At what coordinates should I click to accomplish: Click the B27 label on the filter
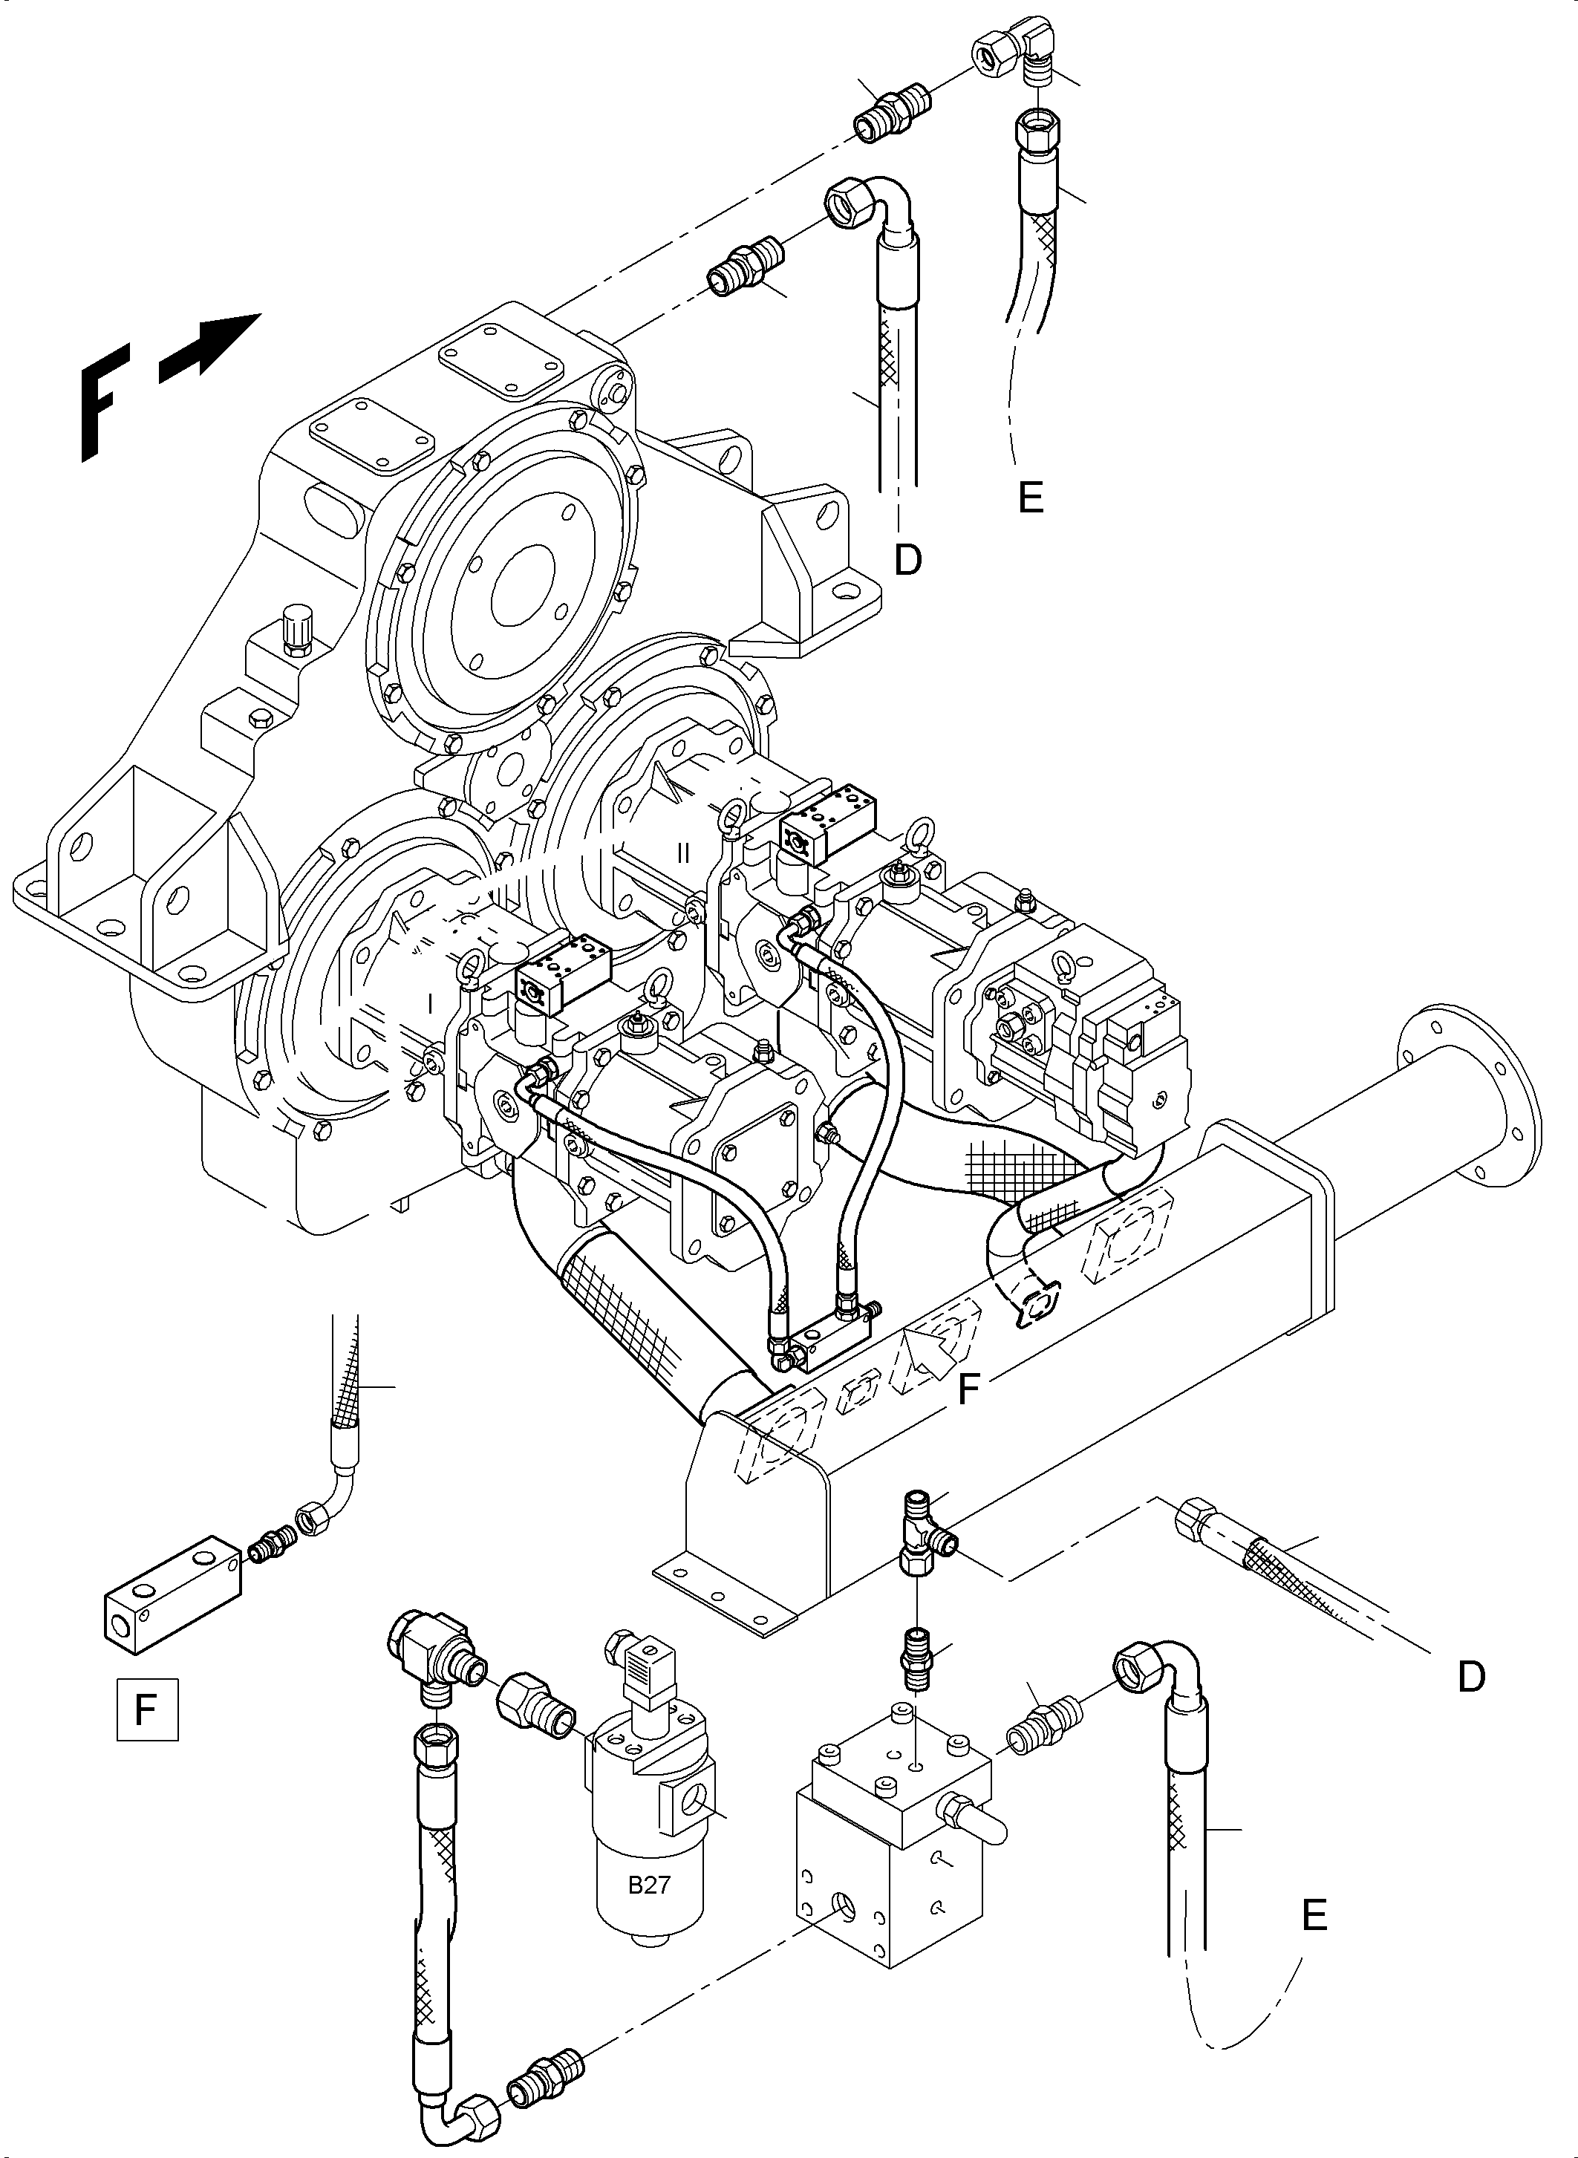(648, 1885)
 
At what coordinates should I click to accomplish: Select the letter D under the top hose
(907, 559)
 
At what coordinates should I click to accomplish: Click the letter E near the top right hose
(1031, 497)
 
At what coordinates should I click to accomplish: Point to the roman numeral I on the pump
(431, 1004)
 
